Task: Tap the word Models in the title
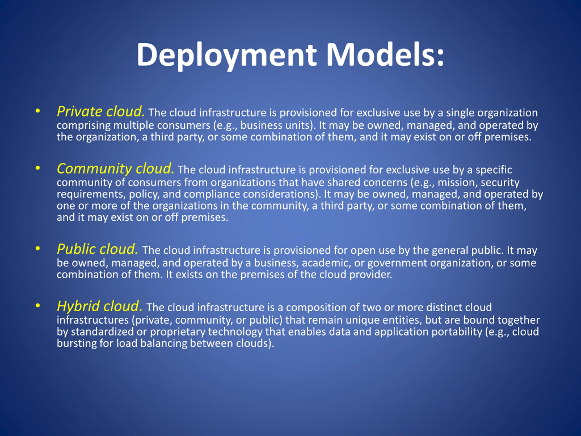[385, 55]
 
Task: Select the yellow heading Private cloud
[101, 112]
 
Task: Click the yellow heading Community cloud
[116, 169]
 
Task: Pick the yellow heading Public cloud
[97, 249]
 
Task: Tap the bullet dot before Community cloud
[38, 168]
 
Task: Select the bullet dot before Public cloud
[38, 248]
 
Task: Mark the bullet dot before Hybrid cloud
[38, 305]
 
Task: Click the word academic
[326, 263]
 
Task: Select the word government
[397, 263]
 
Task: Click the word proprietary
[177, 332]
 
